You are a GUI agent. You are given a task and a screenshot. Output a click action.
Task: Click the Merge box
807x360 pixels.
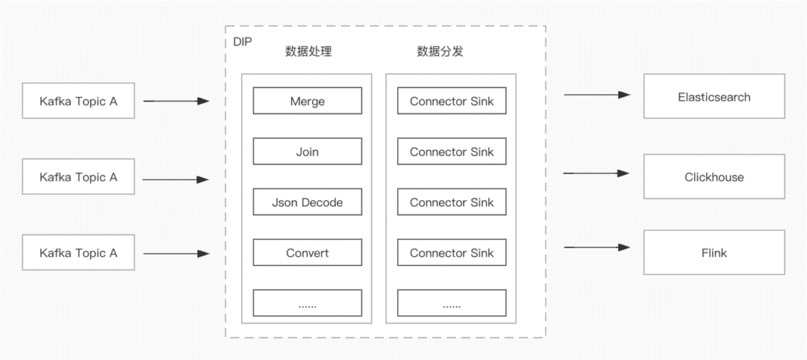[307, 101]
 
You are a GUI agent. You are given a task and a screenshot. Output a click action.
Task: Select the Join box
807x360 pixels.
[307, 152]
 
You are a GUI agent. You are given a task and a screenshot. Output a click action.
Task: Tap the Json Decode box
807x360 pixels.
[307, 202]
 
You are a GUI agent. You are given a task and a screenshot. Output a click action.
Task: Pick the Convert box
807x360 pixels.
[307, 252]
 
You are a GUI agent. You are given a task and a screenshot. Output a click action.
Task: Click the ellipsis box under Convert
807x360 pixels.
[307, 303]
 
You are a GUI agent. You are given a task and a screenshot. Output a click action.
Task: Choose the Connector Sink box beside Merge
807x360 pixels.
[452, 101]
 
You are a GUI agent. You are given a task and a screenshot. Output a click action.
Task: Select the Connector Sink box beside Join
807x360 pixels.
[452, 152]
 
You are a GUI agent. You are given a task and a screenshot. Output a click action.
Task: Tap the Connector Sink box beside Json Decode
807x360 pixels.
[452, 202]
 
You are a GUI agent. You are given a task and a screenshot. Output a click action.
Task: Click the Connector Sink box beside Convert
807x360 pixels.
[452, 252]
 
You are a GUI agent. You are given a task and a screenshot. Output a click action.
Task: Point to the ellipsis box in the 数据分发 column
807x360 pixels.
[452, 303]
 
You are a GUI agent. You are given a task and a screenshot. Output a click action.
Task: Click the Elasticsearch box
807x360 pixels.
[714, 96]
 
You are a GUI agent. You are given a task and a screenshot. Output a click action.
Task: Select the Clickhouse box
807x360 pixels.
[714, 177]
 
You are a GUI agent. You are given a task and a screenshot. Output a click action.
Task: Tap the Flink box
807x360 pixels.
[714, 252]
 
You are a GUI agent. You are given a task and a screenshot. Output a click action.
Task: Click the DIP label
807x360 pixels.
[242, 40]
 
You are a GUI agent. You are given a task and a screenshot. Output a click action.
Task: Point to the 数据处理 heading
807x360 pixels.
[308, 52]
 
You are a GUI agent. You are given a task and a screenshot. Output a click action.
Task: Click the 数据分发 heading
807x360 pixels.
[440, 52]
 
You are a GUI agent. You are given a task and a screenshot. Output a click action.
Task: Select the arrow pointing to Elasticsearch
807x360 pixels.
[597, 95]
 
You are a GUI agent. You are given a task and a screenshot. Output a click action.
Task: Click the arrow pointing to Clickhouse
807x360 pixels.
[597, 173]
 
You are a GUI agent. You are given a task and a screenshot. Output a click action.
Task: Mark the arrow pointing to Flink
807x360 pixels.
[597, 247]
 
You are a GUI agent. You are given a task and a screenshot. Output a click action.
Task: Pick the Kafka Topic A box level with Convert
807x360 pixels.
[78, 252]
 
